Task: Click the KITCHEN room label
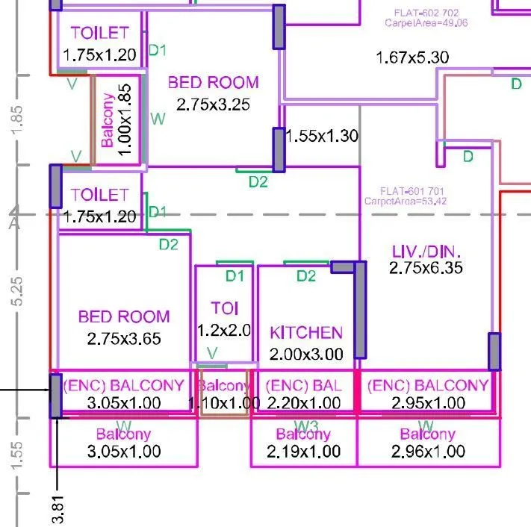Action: click(306, 333)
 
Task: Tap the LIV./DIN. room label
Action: click(426, 251)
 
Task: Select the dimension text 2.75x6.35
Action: click(426, 268)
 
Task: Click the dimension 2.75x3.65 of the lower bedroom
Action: click(124, 338)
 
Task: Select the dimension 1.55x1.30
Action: click(322, 137)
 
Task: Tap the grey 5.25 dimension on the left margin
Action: click(19, 290)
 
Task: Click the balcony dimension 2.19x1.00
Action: click(303, 452)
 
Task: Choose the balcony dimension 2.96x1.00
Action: click(427, 452)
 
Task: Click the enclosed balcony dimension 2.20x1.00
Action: click(303, 403)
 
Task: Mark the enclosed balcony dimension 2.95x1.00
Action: click(426, 403)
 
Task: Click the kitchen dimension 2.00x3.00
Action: click(306, 354)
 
